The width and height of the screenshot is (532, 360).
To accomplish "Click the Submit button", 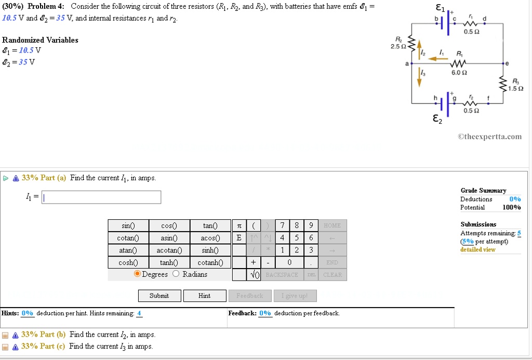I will pyautogui.click(x=159, y=296).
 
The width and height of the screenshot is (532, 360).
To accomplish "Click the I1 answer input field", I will pyautogui.click(x=101, y=197).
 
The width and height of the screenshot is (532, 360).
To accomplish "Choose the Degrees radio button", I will pyautogui.click(x=137, y=274).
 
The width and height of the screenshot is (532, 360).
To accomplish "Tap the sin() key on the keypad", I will pyautogui.click(x=128, y=225).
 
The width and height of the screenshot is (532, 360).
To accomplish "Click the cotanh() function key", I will pyautogui.click(x=210, y=262).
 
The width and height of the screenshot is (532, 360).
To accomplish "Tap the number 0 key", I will pyautogui.click(x=289, y=262).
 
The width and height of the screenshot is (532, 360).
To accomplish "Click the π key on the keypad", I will pyautogui.click(x=239, y=225).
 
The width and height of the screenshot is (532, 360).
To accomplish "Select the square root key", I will pyautogui.click(x=254, y=275).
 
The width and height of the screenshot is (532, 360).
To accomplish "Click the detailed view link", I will pyautogui.click(x=477, y=250).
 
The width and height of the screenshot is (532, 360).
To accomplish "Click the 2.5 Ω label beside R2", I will pyautogui.click(x=398, y=47).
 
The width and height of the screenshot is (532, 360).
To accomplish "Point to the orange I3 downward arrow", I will pyautogui.click(x=419, y=77).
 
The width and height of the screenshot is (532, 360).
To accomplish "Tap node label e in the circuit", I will pyautogui.click(x=507, y=63).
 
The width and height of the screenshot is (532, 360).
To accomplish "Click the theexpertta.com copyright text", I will pyautogui.click(x=489, y=137).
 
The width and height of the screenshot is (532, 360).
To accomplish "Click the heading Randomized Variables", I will pyautogui.click(x=40, y=40).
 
